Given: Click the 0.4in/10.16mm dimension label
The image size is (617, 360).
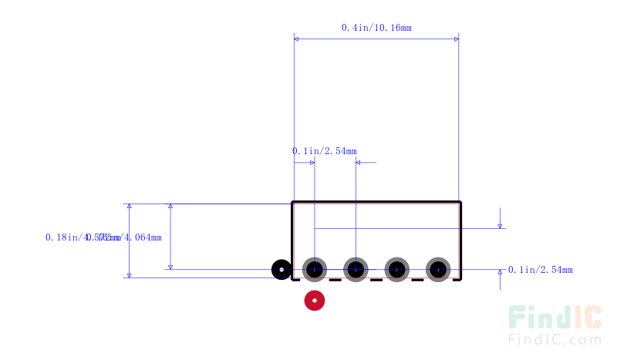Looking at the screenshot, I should click(x=376, y=28).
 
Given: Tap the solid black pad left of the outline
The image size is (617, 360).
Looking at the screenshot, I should click(x=282, y=269).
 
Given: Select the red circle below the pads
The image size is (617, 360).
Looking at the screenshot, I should click(x=314, y=300).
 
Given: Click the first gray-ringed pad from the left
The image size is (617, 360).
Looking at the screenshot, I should click(x=315, y=269).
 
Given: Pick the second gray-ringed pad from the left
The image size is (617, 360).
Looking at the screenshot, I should click(x=355, y=269).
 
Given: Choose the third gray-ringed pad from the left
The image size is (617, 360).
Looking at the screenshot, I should click(x=396, y=269).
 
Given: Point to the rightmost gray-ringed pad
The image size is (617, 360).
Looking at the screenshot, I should click(x=438, y=269).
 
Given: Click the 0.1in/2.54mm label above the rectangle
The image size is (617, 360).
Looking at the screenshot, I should click(x=325, y=151).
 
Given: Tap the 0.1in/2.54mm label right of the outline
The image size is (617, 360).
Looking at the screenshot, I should click(x=540, y=270).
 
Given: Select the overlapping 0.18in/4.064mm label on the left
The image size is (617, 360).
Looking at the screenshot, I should click(x=103, y=237).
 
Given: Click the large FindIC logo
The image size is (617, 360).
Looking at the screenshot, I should click(x=555, y=318).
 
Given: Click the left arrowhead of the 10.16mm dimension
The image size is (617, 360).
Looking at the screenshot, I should click(x=298, y=38).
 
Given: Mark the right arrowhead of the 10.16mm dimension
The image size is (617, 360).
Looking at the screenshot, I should click(x=455, y=38).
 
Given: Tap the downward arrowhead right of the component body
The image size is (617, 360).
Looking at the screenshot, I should click(x=501, y=225).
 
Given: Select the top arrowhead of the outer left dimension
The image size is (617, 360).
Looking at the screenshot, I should click(x=130, y=207).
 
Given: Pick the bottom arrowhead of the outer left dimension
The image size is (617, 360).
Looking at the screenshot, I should click(x=130, y=274).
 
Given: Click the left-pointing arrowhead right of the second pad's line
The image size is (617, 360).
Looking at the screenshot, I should click(x=359, y=163).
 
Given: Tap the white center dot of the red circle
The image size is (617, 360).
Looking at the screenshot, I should click(x=314, y=300).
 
